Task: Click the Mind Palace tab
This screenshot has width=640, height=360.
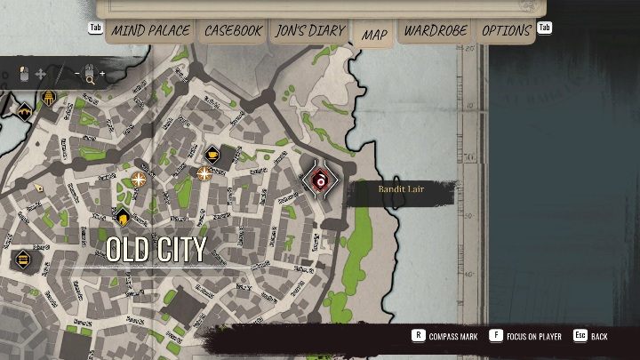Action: (x=150, y=31)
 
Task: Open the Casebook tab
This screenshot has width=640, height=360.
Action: (x=234, y=31)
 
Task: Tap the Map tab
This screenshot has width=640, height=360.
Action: (x=374, y=34)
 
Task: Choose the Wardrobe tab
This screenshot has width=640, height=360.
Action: (x=436, y=31)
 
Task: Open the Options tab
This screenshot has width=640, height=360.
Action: (x=506, y=31)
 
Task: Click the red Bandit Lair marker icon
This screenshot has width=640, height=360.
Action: (x=320, y=180)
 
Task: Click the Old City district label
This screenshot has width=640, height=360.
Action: (x=156, y=250)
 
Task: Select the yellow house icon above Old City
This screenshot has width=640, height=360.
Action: (x=122, y=217)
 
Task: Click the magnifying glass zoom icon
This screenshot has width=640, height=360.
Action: (x=90, y=77)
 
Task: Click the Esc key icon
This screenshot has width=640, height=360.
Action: (x=580, y=337)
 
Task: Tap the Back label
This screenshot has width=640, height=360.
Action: (x=599, y=337)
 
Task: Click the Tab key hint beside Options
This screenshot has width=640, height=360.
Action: (x=545, y=28)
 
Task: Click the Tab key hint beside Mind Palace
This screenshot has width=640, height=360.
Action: (x=96, y=28)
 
